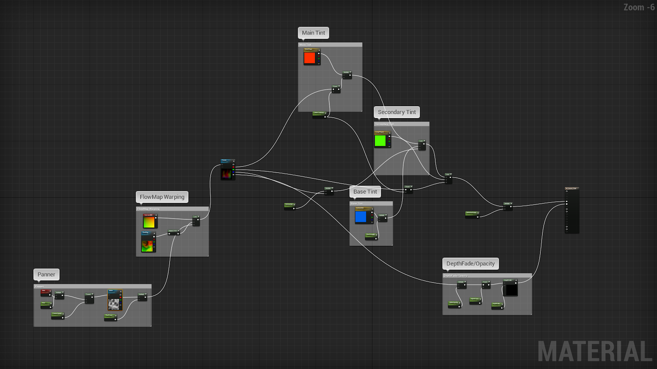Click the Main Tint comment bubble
click(x=313, y=33)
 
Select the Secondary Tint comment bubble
click(x=397, y=112)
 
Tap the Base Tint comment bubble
click(x=365, y=191)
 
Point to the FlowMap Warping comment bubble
click(x=162, y=197)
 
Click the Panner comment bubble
click(x=46, y=274)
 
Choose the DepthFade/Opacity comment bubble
click(x=471, y=264)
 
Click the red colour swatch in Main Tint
click(x=310, y=58)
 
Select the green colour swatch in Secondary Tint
click(x=380, y=141)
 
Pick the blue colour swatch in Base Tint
click(x=361, y=216)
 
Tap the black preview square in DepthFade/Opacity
click(x=511, y=290)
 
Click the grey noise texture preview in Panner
click(x=114, y=303)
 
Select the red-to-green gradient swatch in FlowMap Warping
click(x=149, y=222)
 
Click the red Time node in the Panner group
click(x=46, y=292)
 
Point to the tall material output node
click(x=572, y=210)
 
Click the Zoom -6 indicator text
click(x=639, y=7)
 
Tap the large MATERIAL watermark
click(x=595, y=351)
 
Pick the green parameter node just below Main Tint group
click(x=319, y=114)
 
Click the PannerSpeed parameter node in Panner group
click(x=57, y=314)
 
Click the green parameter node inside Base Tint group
click(x=371, y=236)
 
